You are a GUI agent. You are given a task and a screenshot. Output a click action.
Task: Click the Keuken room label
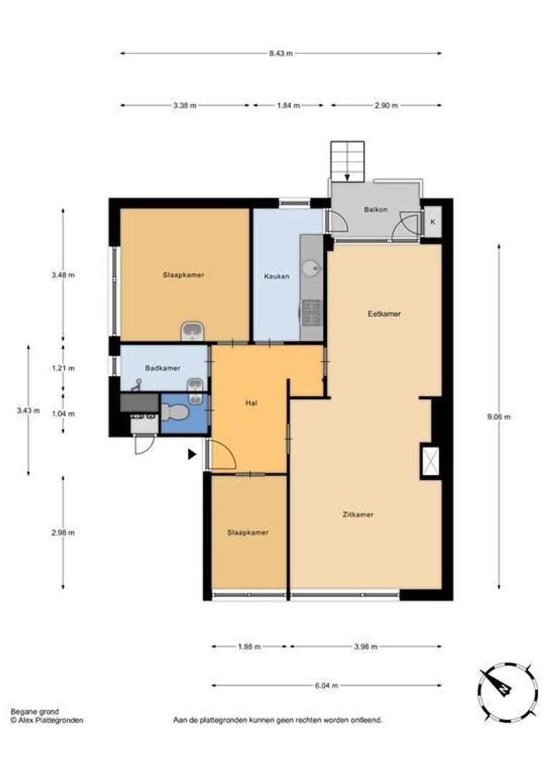(x=277, y=276)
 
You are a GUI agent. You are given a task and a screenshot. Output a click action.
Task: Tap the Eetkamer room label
(x=384, y=314)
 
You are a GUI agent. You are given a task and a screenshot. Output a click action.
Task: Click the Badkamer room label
(x=161, y=368)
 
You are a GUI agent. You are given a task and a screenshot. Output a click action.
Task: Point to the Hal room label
(x=250, y=403)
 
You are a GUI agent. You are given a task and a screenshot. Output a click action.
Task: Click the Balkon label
(x=375, y=209)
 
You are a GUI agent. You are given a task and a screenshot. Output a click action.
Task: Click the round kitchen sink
(x=311, y=268)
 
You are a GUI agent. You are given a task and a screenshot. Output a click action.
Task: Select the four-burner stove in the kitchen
(x=311, y=311)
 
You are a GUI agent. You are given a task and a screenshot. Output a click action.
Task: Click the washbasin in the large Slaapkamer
(x=192, y=330)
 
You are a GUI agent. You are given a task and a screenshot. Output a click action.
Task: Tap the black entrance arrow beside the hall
(x=192, y=454)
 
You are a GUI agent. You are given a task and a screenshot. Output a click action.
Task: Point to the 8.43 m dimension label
(x=280, y=53)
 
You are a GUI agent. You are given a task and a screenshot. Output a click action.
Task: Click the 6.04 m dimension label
(x=326, y=685)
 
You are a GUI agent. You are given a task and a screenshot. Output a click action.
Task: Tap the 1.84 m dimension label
(x=288, y=105)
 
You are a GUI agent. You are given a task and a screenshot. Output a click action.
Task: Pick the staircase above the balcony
(x=347, y=158)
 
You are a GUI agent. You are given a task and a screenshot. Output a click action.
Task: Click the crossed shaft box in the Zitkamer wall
(x=430, y=460)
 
